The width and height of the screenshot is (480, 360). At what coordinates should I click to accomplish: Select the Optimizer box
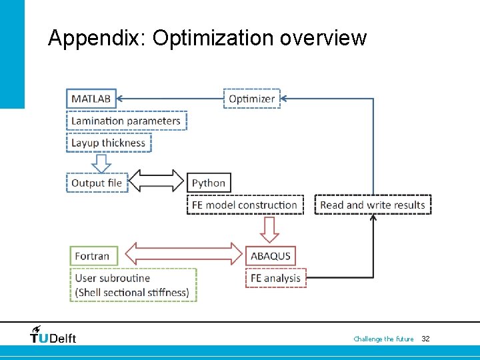tap(251, 99)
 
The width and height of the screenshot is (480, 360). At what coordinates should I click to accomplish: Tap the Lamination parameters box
tap(126, 121)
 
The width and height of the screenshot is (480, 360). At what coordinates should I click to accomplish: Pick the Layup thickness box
tap(109, 143)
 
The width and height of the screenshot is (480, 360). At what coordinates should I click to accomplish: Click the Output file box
tap(97, 183)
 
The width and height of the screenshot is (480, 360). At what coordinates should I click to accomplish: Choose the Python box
tap(209, 183)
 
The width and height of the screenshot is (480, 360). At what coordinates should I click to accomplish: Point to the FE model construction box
tap(245, 205)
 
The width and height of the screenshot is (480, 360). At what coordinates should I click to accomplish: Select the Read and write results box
tap(373, 205)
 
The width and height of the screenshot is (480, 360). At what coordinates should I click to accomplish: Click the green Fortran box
tap(93, 256)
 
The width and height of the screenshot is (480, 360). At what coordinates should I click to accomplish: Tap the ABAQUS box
tap(270, 256)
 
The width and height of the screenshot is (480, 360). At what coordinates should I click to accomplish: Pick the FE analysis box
tap(275, 278)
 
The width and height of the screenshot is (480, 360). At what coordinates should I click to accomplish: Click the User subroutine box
tap(133, 285)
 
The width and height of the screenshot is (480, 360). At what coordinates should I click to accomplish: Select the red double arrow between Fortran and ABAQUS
tap(185, 254)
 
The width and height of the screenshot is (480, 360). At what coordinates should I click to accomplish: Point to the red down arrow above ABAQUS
tap(269, 229)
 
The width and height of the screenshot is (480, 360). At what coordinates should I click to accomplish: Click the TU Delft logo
tap(53, 336)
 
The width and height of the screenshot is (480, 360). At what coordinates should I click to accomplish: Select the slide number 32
tap(425, 339)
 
